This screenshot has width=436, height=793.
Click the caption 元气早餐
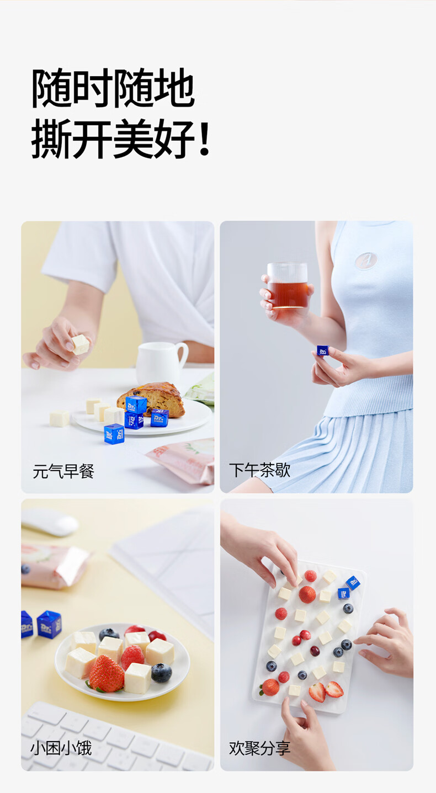pyautogui.click(x=63, y=472)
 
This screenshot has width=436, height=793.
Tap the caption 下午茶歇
pyautogui.click(x=259, y=471)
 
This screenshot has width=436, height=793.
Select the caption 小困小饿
pyautogui.click(x=61, y=749)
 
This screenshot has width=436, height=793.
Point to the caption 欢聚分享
pyautogui.click(x=259, y=749)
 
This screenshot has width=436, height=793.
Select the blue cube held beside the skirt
pyautogui.click(x=322, y=350)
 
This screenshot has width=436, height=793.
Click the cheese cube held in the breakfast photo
pyautogui.click(x=81, y=344)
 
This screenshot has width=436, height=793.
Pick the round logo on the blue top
pyautogui.click(x=366, y=260)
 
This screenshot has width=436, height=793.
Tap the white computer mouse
pyautogui.click(x=50, y=521)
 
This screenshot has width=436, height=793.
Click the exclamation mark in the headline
pyautogui.click(x=204, y=141)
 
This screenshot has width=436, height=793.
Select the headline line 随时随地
pyautogui.click(x=113, y=88)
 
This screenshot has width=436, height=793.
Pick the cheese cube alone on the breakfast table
pyautogui.click(x=60, y=418)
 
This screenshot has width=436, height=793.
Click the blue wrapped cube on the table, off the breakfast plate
pyautogui.click(x=114, y=434)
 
